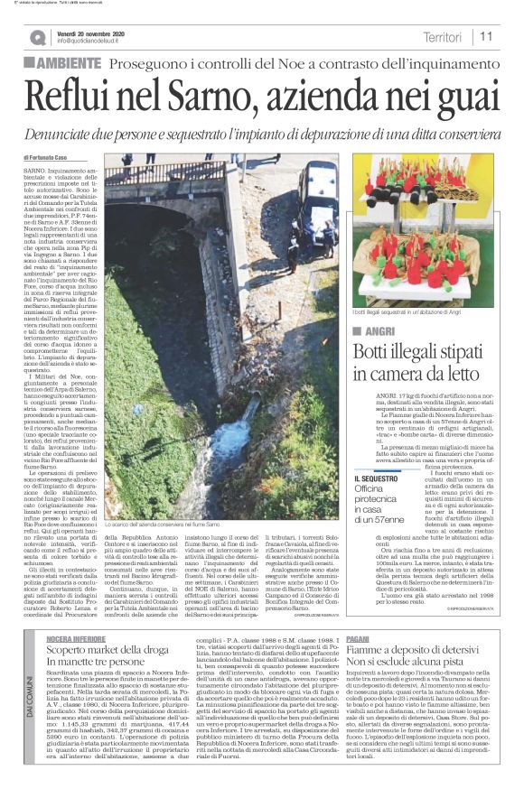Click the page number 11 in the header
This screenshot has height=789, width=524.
pyautogui.click(x=486, y=37)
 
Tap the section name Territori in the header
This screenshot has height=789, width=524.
pyautogui.click(x=443, y=37)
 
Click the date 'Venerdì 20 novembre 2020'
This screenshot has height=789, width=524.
pyautogui.click(x=98, y=32)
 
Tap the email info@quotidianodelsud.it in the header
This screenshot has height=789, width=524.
pyautogui.click(x=99, y=42)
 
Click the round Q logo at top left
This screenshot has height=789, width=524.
pyautogui.click(x=37, y=37)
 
